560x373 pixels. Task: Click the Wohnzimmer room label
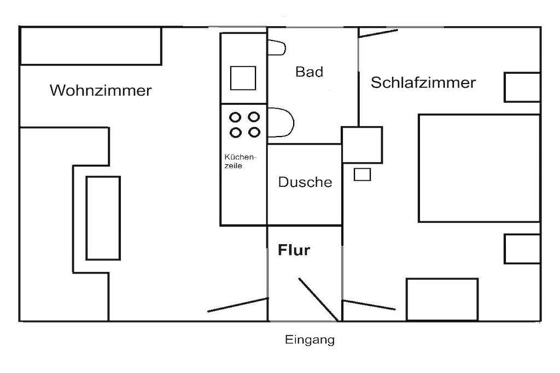point(101,90)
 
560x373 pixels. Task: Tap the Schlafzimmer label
point(423,83)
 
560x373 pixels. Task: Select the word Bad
point(309,72)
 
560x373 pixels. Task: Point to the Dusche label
point(305,182)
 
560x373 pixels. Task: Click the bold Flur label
point(294,251)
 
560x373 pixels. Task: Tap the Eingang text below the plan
point(310,340)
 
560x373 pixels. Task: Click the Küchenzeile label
point(240,161)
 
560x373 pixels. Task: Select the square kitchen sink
point(243,78)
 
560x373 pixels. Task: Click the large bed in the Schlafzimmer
point(479,168)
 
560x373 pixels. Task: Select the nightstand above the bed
point(522,87)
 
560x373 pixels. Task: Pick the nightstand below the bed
point(522,249)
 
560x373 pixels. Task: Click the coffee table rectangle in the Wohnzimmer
point(103,218)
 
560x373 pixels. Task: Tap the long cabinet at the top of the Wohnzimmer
point(91,46)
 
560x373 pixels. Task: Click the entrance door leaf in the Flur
point(318,299)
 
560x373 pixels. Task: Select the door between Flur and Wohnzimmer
point(238,305)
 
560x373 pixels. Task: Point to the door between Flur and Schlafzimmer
point(368,304)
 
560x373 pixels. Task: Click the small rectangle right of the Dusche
point(362,175)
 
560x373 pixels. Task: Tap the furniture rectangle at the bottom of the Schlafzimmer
point(442,299)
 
